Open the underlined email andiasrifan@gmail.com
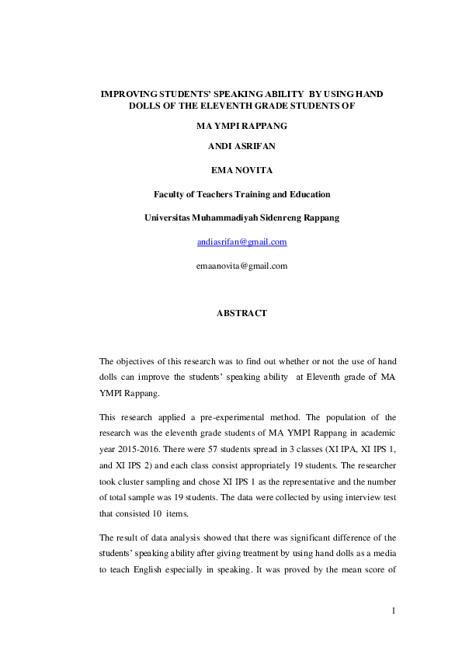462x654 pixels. [242, 242]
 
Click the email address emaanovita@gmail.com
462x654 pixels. [242, 266]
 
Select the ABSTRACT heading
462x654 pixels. [241, 313]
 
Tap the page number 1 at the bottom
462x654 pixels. [394, 611]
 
